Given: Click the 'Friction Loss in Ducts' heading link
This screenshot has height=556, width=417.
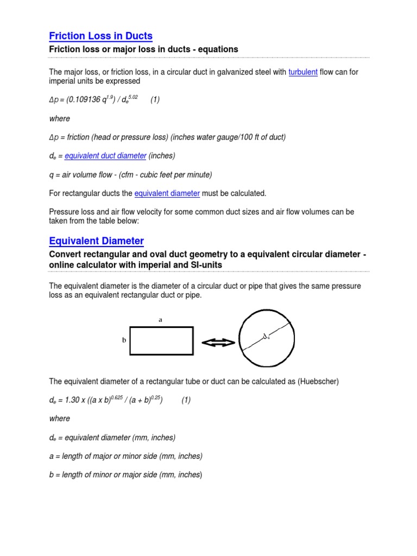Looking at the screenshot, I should (100, 36).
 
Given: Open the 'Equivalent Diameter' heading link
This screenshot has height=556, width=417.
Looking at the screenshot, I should (96, 241).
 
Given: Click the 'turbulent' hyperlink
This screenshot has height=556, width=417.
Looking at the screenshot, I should (303, 72).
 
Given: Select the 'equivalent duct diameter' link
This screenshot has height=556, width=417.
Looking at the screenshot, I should (105, 156).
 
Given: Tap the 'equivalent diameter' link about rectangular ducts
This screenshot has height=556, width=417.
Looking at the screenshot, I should (167, 193).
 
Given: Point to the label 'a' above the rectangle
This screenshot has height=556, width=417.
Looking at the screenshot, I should (160, 320).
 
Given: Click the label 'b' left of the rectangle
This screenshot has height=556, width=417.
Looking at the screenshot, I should (124, 340).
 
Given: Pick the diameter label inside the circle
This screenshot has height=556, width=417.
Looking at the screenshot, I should (266, 338).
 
